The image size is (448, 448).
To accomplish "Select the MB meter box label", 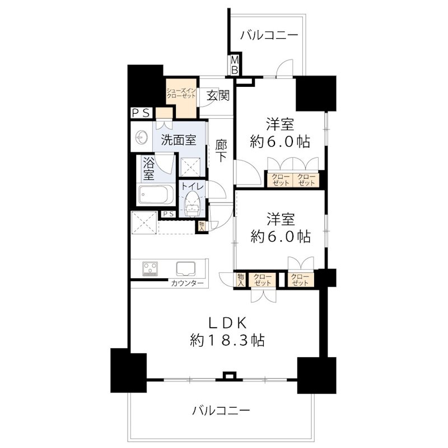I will pos(235,65).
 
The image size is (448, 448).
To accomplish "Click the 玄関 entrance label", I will pos(217,95).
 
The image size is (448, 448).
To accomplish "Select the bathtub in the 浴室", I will pos(156,197).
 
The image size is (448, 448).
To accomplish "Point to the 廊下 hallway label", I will pos(221,151).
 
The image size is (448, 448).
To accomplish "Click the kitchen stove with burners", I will pos(151,268).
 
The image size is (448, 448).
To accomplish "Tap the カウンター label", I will pos(188,284).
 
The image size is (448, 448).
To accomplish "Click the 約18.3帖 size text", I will pos(227,340).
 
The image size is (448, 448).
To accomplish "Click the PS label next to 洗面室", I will pos(140,113).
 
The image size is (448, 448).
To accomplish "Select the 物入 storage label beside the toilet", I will pos(201,226).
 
